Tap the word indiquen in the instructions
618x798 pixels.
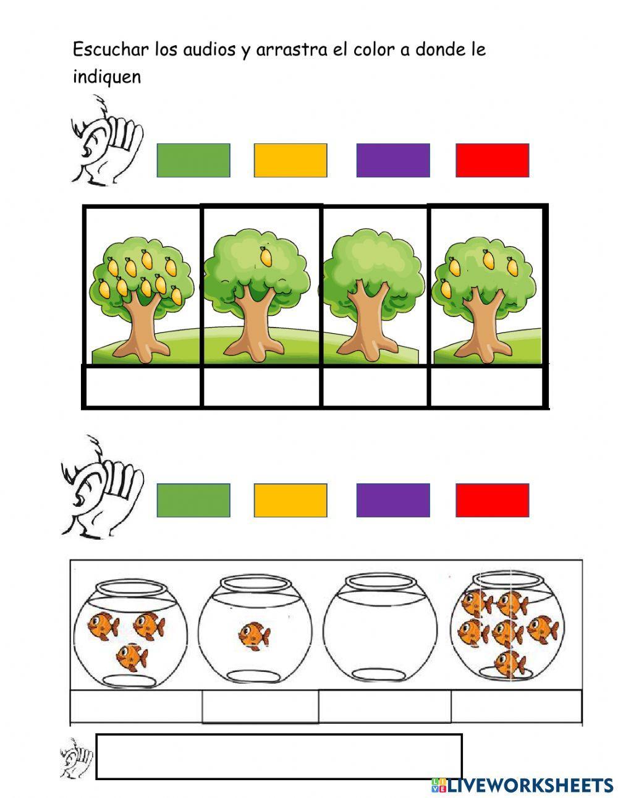pyautogui.click(x=107, y=77)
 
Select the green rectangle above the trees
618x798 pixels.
pyautogui.click(x=193, y=161)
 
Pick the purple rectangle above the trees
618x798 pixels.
pyautogui.click(x=393, y=161)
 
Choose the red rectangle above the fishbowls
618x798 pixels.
pyautogui.click(x=493, y=501)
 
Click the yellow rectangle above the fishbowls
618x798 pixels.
pyautogui.click(x=290, y=501)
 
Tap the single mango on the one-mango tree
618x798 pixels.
pyautogui.click(x=266, y=256)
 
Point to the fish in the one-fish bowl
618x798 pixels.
pyautogui.click(x=255, y=636)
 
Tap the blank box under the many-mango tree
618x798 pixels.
pyautogui.click(x=142, y=386)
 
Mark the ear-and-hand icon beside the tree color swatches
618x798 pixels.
pyautogui.click(x=107, y=140)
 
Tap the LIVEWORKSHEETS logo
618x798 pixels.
pyautogui.click(x=522, y=785)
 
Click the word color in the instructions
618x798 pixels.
pyautogui.click(x=375, y=49)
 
